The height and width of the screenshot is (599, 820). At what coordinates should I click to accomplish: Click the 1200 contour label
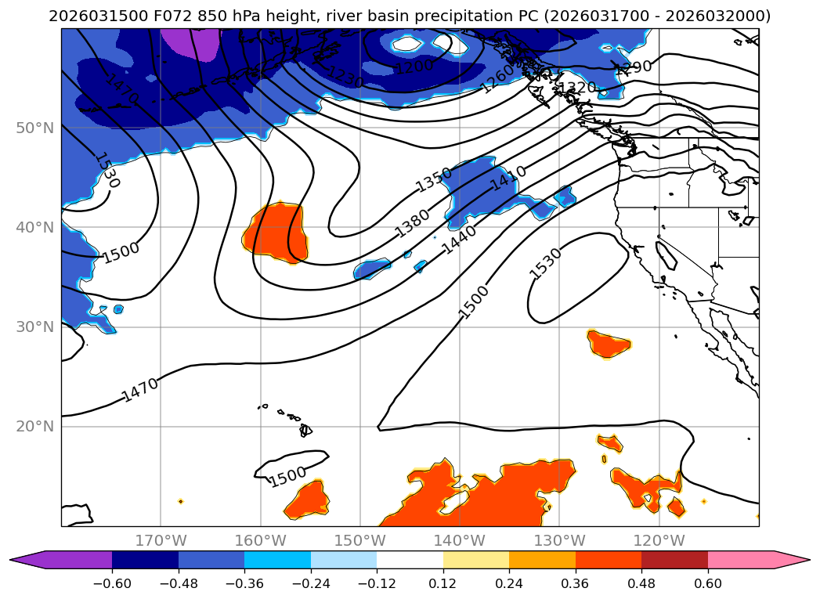(414, 67)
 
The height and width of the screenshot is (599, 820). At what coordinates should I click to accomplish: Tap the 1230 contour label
(345, 77)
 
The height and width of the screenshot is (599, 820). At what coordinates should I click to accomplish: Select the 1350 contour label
(434, 179)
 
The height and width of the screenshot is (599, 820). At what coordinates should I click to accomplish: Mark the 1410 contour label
(508, 179)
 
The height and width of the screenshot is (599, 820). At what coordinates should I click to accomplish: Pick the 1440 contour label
(459, 241)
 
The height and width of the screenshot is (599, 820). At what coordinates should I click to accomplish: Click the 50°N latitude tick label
(34, 128)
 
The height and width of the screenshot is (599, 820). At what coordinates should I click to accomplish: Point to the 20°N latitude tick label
(34, 427)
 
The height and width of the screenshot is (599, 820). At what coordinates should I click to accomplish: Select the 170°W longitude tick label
(161, 540)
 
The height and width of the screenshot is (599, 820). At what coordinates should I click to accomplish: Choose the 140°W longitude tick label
(460, 540)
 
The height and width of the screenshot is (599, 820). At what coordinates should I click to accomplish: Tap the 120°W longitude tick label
(659, 540)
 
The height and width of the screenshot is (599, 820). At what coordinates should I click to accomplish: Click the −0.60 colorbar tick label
(112, 583)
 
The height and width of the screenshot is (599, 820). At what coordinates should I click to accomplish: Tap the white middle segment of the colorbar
(410, 559)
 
